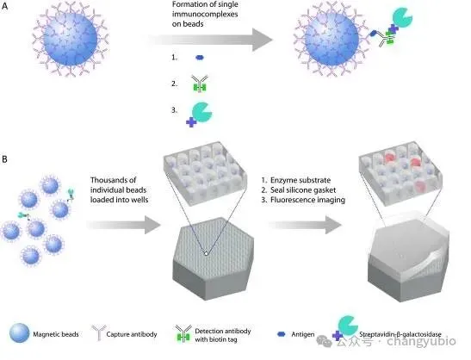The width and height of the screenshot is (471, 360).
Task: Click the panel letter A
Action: (5, 6)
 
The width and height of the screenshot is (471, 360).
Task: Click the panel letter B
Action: (4, 159)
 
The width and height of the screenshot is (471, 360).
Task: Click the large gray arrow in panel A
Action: (210, 40)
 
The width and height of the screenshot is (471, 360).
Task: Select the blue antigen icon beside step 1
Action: (200, 58)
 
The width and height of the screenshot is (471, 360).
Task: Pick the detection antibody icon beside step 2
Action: (200, 84)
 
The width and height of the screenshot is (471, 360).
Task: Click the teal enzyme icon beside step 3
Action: (201, 112)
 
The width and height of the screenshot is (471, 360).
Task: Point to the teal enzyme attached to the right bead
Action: (402, 18)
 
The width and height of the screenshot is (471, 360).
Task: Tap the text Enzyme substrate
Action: (301, 180)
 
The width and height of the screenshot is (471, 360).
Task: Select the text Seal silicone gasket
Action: (303, 190)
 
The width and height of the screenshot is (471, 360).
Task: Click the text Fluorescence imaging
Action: (307, 200)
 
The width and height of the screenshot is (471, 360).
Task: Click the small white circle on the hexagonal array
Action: (206, 253)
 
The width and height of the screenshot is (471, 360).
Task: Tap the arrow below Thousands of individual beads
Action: (124, 225)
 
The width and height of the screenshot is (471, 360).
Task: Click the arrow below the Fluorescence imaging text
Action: (305, 225)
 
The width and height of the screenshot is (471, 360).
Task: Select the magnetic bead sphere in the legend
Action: (20, 333)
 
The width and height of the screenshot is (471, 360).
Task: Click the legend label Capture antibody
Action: (132, 334)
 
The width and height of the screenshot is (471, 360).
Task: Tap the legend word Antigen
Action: (303, 334)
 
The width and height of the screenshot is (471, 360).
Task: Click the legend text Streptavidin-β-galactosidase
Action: (400, 334)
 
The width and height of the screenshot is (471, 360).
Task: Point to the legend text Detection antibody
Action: (223, 332)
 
